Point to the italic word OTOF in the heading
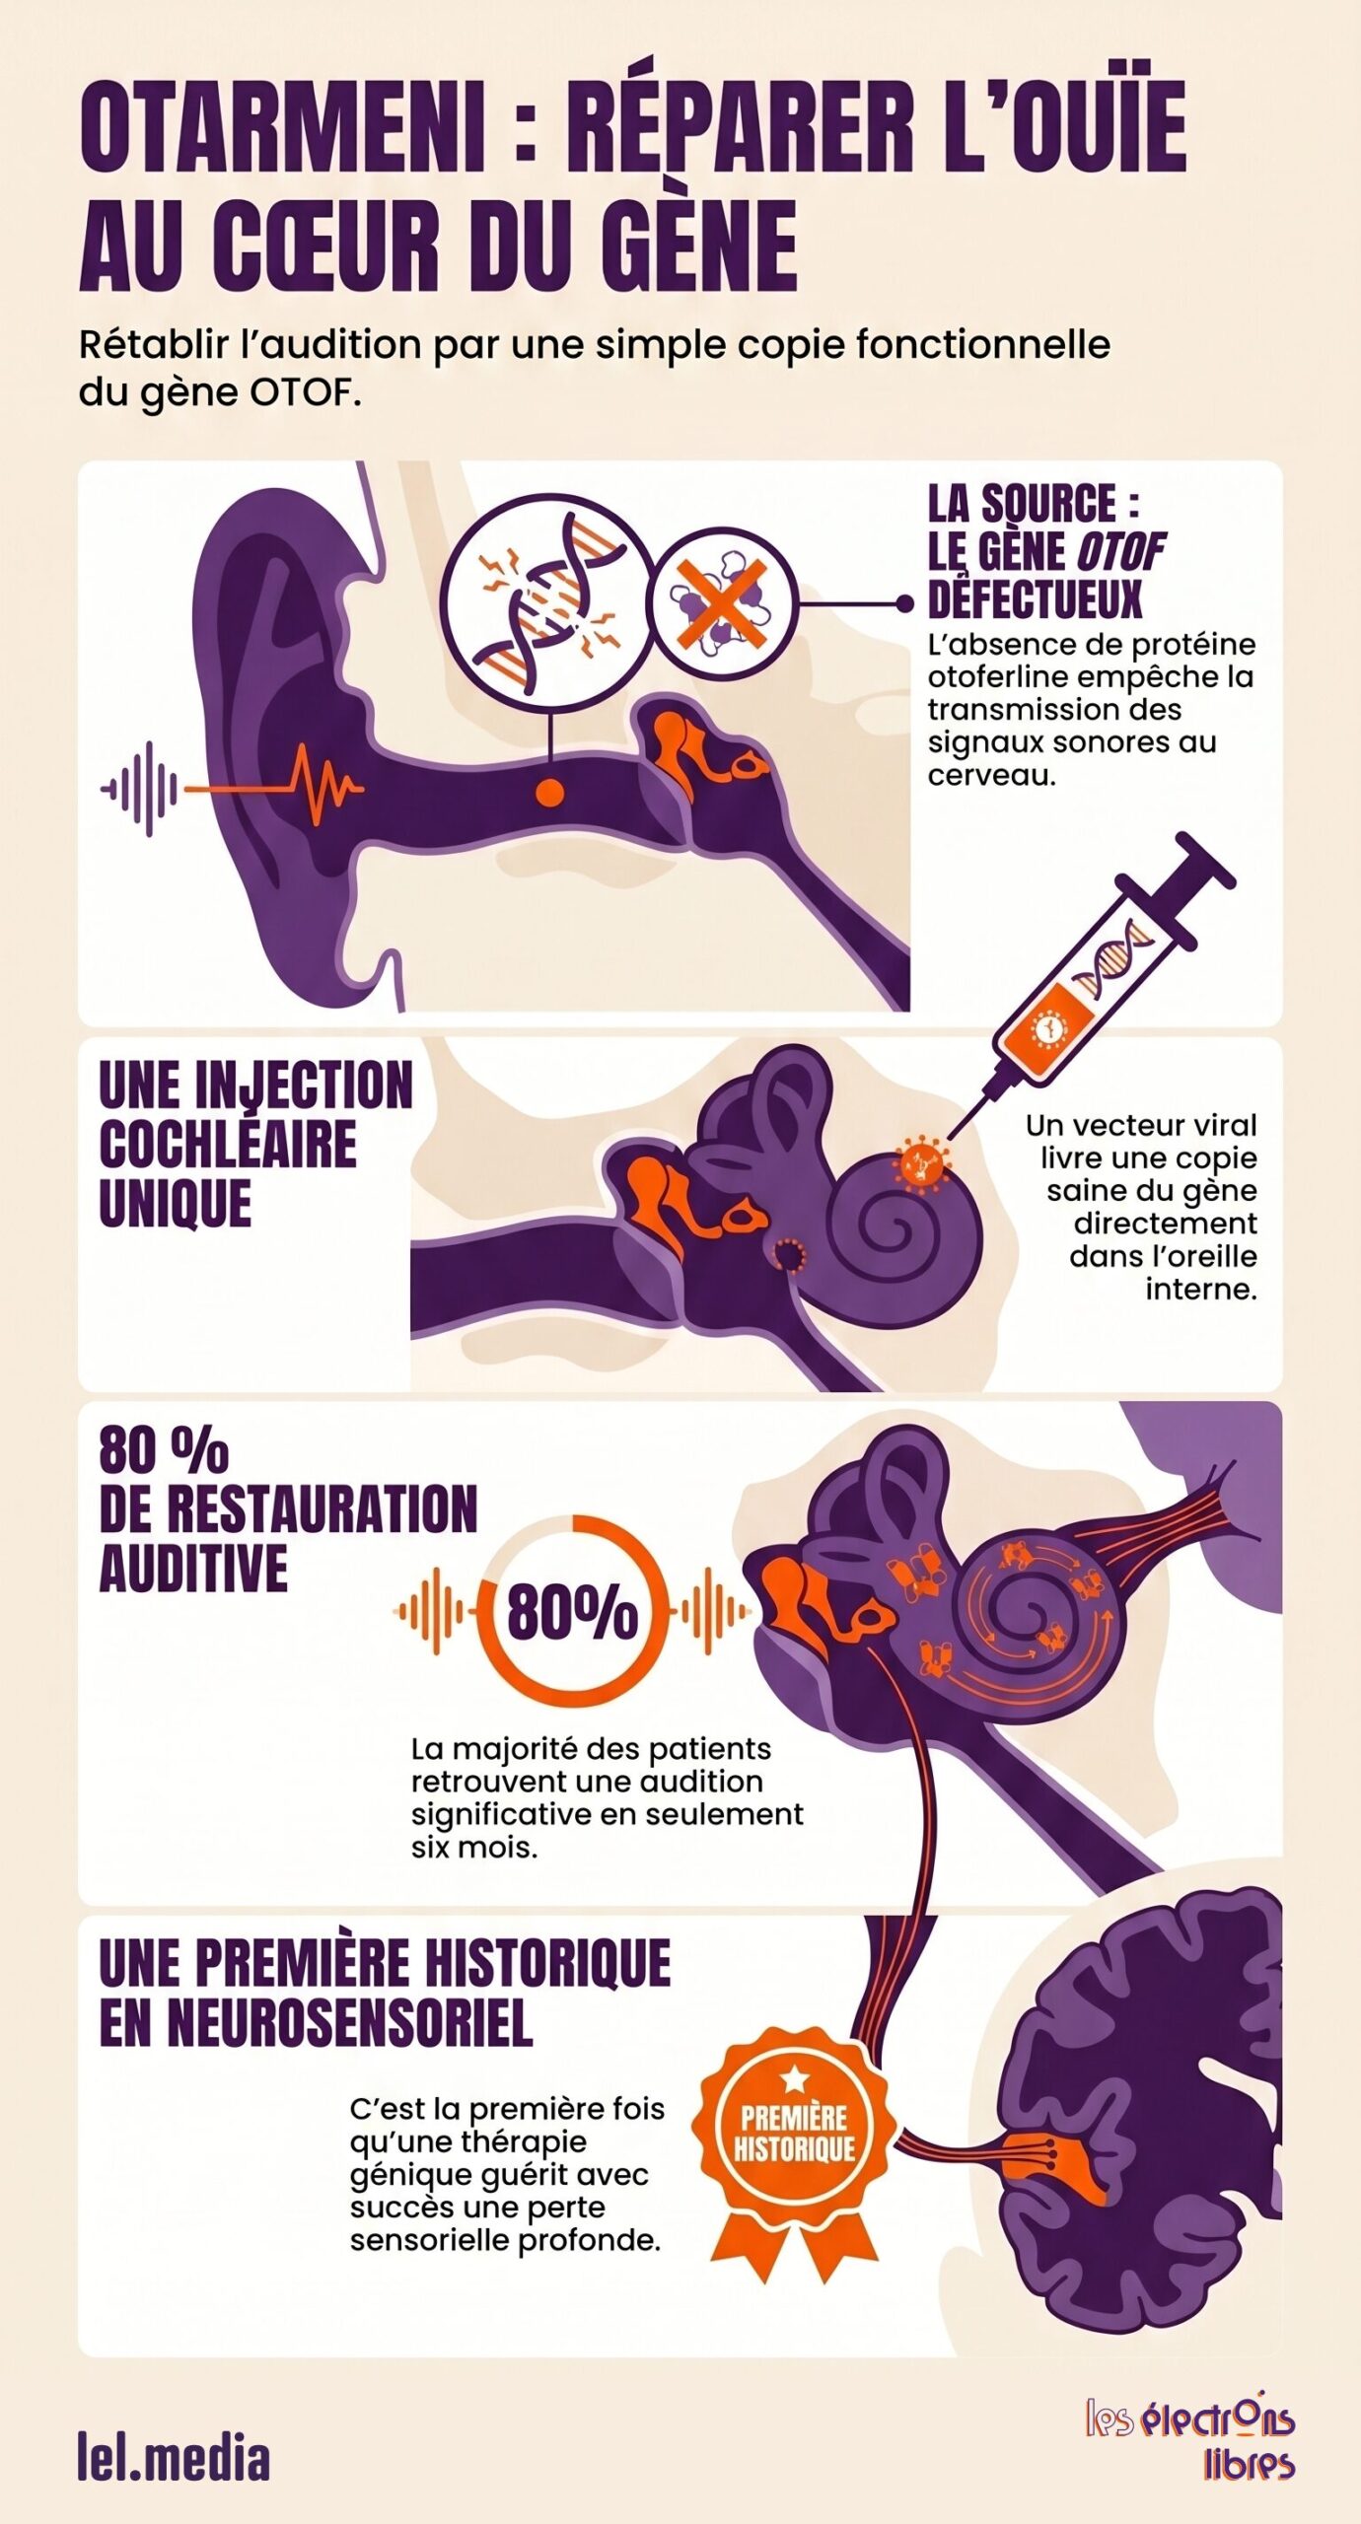point(1119,552)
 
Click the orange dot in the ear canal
point(549,790)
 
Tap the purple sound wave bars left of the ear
point(141,788)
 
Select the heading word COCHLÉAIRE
point(228,1144)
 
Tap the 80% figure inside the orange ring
point(572,1612)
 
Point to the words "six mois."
point(475,1849)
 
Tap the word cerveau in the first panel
point(991,775)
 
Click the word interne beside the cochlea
point(1201,1289)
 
